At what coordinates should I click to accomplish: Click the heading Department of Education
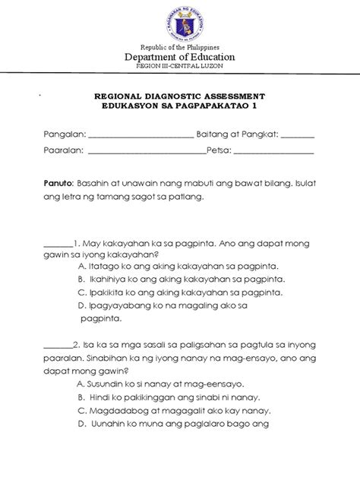click(x=180, y=57)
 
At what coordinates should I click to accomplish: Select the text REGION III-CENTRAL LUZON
click(x=180, y=67)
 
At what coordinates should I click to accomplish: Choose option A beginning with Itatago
click(x=178, y=267)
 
